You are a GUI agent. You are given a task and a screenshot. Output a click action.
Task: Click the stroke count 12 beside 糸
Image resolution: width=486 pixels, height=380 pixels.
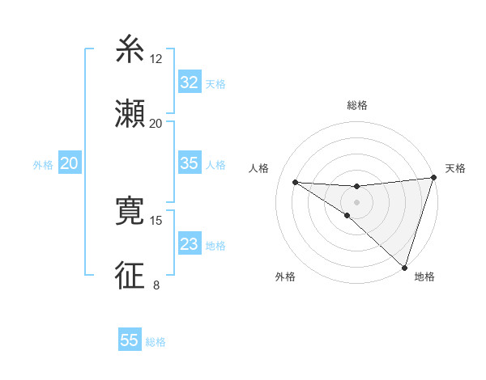(156, 59)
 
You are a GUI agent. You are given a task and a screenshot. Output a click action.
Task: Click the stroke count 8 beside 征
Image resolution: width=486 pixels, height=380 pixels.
(156, 284)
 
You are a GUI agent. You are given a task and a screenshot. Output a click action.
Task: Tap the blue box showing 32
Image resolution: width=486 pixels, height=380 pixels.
(190, 82)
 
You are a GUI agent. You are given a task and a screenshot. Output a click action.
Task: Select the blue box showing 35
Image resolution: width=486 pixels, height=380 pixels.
(190, 163)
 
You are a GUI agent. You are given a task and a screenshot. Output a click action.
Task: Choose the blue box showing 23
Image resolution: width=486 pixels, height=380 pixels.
(190, 244)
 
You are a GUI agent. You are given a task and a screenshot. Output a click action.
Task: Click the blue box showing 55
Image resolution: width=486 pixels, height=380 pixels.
(130, 340)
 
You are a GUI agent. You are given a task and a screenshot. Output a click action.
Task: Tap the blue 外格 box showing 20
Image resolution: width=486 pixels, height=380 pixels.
(70, 163)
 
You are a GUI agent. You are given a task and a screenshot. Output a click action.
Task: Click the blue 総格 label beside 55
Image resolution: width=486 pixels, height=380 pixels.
(156, 342)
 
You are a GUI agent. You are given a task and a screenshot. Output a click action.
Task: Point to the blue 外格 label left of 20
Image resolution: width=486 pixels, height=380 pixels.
(43, 165)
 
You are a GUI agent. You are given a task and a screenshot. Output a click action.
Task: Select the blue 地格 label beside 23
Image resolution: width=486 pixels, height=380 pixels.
(215, 246)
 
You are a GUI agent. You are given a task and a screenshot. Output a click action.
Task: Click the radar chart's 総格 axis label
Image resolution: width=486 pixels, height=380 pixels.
(357, 106)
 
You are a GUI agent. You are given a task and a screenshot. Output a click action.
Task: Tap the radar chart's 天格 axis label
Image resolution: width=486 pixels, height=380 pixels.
(455, 168)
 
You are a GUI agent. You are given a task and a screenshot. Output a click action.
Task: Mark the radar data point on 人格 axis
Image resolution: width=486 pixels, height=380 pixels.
(296, 182)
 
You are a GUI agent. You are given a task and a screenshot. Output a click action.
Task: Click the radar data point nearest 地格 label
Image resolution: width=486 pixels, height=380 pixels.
(404, 267)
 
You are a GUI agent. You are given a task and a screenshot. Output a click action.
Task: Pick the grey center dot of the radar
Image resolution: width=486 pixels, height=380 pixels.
(356, 202)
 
